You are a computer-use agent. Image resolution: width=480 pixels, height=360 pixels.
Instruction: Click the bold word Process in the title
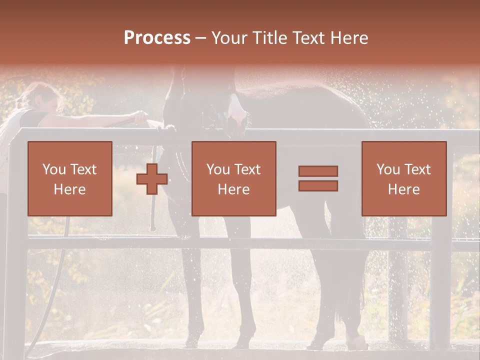pyautogui.click(x=157, y=38)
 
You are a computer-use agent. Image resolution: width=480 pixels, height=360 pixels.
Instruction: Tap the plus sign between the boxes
pyautogui.click(x=152, y=178)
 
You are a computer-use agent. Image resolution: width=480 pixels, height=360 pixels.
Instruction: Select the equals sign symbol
pyautogui.click(x=318, y=178)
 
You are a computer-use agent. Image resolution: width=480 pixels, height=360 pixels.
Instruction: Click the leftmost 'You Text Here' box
pyautogui.click(x=69, y=178)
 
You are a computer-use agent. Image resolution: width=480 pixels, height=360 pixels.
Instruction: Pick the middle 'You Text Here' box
pyautogui.click(x=233, y=178)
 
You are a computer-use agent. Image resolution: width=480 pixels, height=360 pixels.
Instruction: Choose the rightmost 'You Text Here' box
pyautogui.click(x=403, y=178)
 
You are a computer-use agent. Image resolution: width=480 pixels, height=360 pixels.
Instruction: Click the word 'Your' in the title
pyautogui.click(x=228, y=38)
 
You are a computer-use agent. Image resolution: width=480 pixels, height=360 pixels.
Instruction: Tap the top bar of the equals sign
pyautogui.click(x=318, y=171)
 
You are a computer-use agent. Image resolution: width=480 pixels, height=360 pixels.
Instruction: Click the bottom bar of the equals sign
pyautogui.click(x=318, y=186)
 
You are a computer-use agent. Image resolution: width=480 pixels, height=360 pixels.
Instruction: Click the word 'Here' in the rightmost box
pyautogui.click(x=403, y=189)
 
